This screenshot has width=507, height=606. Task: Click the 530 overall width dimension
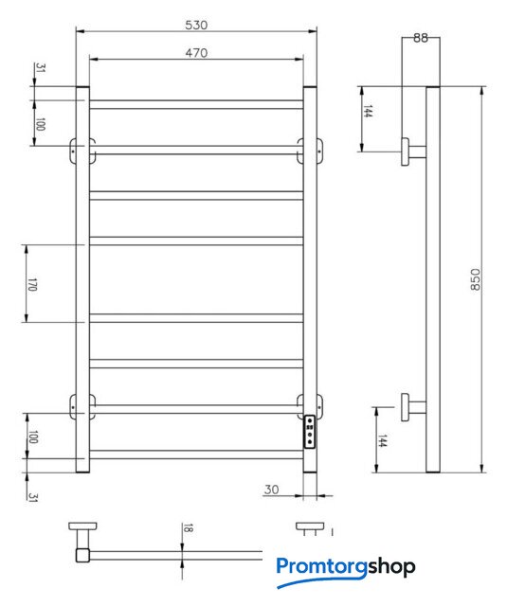[x=196, y=26]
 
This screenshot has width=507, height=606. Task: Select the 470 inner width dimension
[x=196, y=53]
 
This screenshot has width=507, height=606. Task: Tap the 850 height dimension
[x=475, y=279]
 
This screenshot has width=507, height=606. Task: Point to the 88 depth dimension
[x=421, y=38]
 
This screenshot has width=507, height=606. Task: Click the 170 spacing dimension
[x=32, y=284]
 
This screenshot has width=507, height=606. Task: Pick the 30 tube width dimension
[x=271, y=490]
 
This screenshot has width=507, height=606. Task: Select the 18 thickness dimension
[x=188, y=528]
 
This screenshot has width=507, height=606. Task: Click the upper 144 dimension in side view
[x=368, y=111]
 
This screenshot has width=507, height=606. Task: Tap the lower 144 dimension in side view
[x=382, y=440]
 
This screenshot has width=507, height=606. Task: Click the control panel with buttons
[x=310, y=432]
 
